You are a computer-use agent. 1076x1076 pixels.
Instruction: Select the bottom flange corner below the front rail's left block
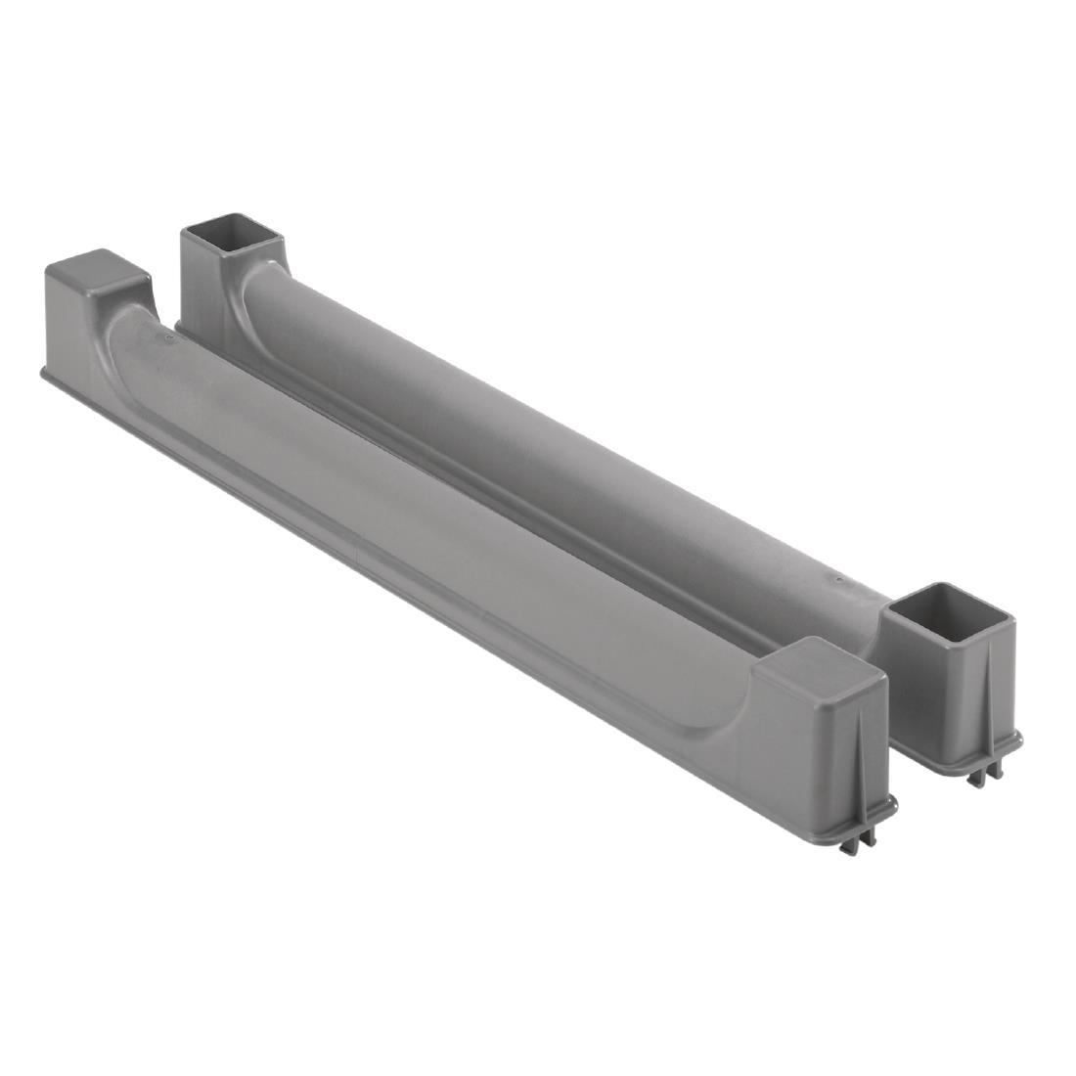(x=43, y=373)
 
